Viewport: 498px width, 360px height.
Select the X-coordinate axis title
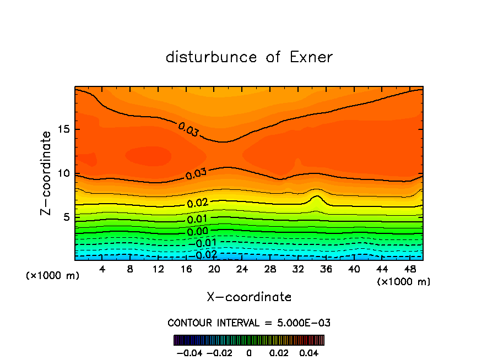point(249,297)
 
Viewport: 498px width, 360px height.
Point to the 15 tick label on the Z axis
point(62,129)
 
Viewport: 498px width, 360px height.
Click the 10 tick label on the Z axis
point(62,173)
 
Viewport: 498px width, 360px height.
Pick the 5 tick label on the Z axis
point(64,217)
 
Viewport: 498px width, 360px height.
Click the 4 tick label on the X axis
point(102,270)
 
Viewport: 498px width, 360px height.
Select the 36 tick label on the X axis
point(326,270)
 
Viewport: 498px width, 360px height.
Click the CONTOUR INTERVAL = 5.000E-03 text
point(249,323)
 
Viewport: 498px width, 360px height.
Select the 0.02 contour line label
point(197,203)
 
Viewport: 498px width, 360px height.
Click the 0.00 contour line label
point(197,231)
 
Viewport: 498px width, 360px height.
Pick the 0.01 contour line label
point(197,219)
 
